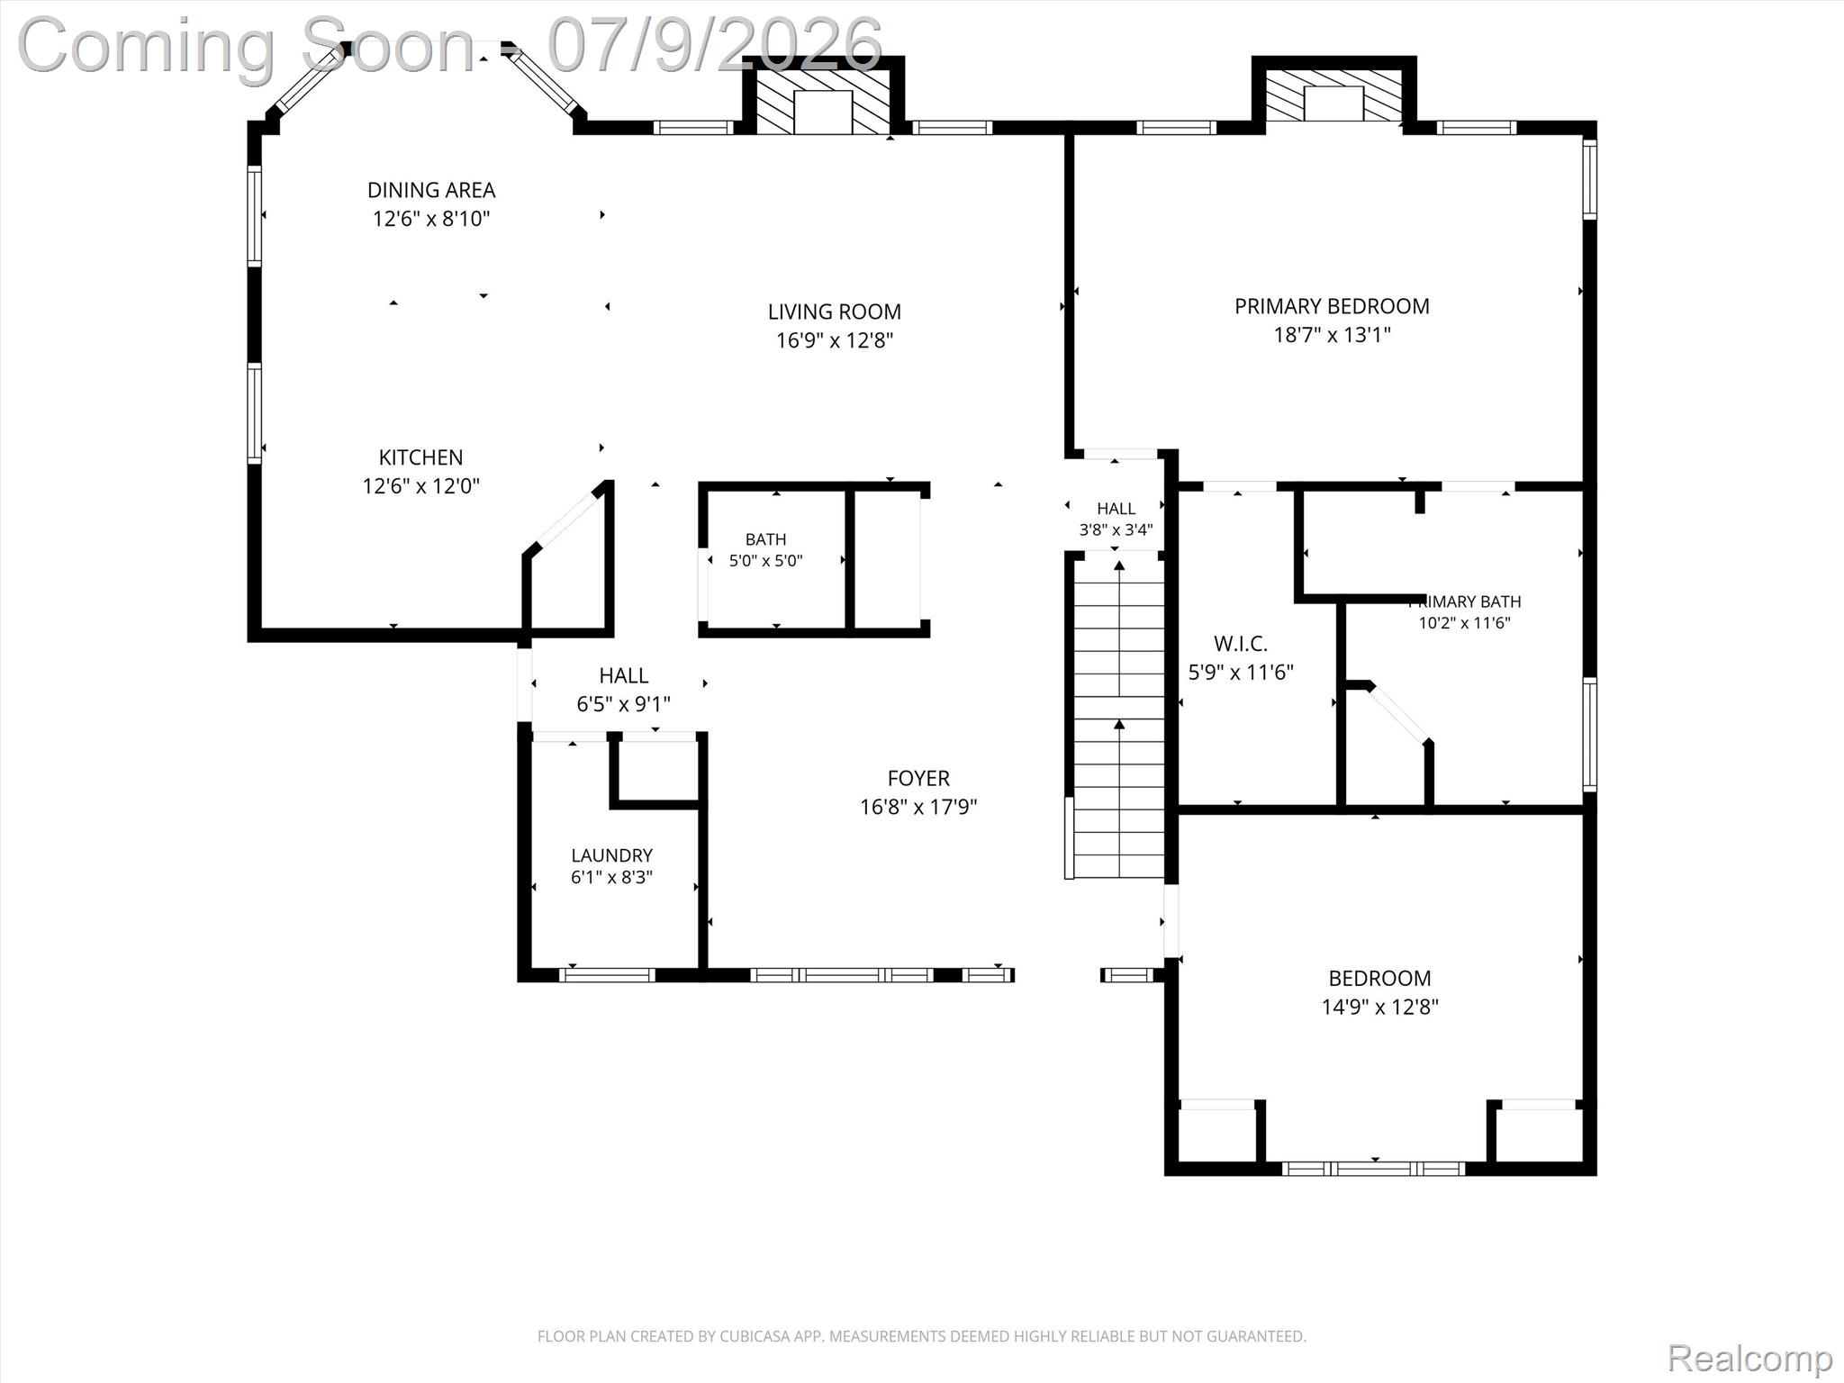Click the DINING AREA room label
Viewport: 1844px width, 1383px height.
(x=431, y=190)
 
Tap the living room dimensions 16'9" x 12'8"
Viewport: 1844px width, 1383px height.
(x=835, y=340)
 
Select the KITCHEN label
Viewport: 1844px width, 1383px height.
(x=420, y=457)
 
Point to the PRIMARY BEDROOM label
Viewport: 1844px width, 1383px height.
(x=1332, y=306)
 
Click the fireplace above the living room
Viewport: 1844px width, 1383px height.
(x=822, y=102)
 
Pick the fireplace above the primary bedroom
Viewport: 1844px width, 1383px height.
(x=1333, y=94)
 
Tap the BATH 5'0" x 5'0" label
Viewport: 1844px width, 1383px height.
(x=765, y=550)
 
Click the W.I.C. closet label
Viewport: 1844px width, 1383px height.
(x=1241, y=644)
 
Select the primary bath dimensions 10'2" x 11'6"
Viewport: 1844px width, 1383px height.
(x=1464, y=623)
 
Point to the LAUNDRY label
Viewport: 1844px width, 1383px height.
(x=611, y=855)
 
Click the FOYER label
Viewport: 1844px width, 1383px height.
(x=918, y=778)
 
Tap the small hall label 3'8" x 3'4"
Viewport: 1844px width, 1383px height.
(x=1116, y=530)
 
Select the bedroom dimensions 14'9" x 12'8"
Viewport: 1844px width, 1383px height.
(x=1379, y=1007)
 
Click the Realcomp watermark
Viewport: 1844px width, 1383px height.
(x=1749, y=1358)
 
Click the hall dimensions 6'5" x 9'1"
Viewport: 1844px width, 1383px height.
(x=623, y=704)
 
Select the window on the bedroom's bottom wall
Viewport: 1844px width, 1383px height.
(x=1374, y=1169)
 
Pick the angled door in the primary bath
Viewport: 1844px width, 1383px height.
(x=1398, y=714)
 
